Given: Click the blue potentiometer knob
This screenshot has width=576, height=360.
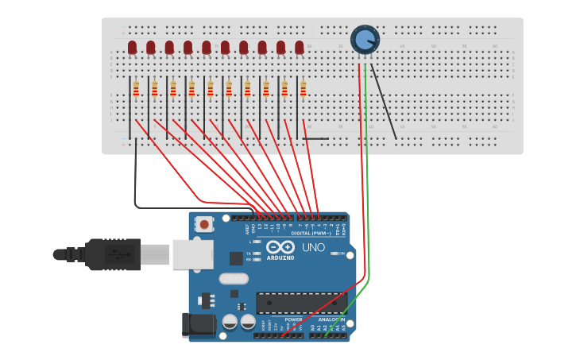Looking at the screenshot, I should tap(365, 39).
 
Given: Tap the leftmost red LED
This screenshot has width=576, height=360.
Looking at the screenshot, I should tap(132, 48).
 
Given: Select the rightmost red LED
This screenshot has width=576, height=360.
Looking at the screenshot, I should tap(300, 48).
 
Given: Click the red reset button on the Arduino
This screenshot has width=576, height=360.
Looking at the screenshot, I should tap(204, 225).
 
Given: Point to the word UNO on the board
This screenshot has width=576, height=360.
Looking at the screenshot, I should tap(314, 247).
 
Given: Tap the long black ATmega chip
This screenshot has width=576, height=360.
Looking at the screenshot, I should tap(301, 303).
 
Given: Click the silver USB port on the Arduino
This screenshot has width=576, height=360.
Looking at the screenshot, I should tap(193, 254).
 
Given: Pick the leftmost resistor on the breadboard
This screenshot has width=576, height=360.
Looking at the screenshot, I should tap(136, 88).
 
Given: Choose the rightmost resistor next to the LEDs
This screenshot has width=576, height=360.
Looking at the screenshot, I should tap(303, 88).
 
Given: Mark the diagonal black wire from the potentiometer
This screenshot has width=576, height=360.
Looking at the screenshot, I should tap(384, 102).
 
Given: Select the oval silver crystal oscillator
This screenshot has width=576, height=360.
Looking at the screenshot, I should tap(234, 278).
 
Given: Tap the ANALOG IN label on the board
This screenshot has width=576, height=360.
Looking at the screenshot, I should tap(332, 319).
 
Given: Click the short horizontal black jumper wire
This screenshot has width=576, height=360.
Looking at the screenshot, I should tap(315, 139).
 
